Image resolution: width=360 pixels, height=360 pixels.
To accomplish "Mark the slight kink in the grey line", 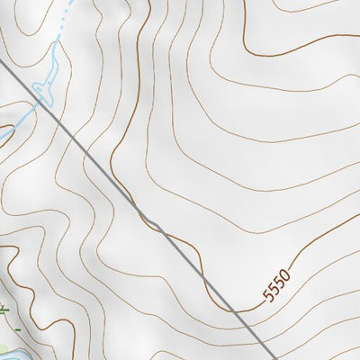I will point(149,221).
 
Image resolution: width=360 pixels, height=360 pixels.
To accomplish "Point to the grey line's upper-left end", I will point(1,61).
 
